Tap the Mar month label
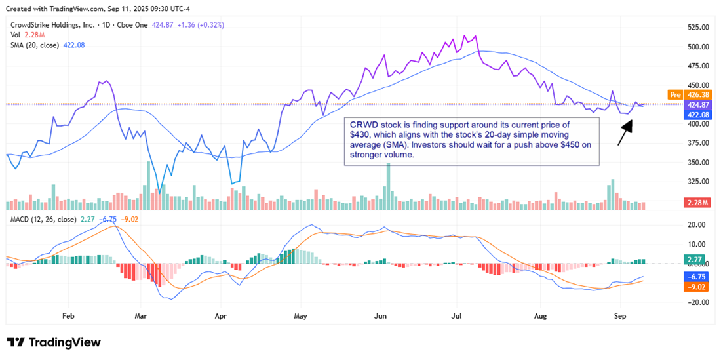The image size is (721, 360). (141, 315)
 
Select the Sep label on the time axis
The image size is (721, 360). (620, 315)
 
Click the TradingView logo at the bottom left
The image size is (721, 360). (54, 342)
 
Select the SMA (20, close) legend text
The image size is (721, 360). (35, 45)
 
